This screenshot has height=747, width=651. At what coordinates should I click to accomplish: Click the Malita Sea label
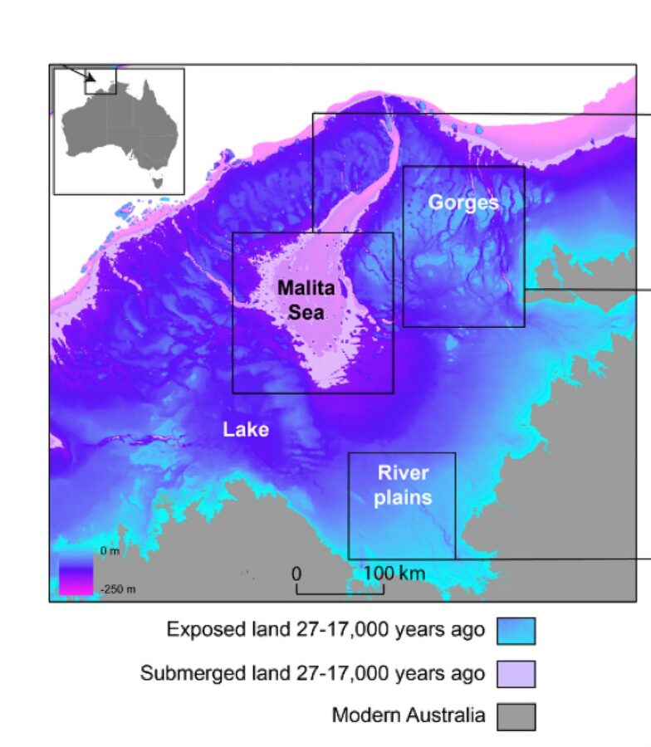pos(306,300)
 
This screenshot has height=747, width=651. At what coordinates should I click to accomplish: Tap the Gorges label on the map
pos(463,203)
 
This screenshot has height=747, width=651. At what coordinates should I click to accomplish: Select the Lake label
pos(246,429)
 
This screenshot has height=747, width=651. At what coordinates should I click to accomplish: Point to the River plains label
pos(403,486)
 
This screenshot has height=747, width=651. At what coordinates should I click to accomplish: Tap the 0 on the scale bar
pos(296,574)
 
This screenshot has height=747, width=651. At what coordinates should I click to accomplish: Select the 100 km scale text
pos(394,574)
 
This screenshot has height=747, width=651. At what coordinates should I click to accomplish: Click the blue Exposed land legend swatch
pos(516,631)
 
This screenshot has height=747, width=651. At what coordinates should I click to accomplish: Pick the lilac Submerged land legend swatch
pos(516,674)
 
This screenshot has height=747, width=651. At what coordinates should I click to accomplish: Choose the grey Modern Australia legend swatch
pos(516,716)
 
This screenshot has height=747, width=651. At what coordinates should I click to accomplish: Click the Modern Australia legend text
pos(408,715)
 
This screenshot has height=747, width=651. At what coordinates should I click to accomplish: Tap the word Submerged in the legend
pos(183,673)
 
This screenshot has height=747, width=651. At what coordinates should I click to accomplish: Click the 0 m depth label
pos(109,551)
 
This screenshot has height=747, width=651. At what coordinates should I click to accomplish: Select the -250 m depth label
pos(118,589)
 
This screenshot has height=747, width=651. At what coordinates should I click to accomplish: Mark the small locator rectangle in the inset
pos(100,81)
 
